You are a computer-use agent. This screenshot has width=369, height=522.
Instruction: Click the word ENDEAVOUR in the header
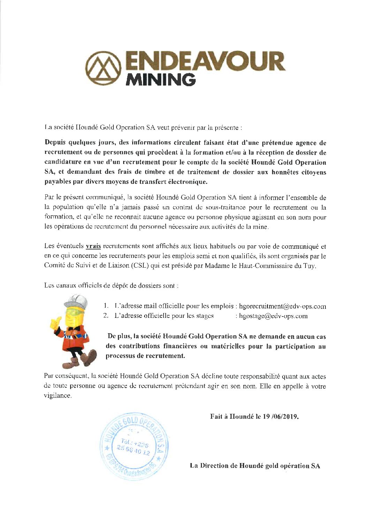tap(205, 62)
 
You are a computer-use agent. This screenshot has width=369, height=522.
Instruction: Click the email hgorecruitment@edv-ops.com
tap(283, 306)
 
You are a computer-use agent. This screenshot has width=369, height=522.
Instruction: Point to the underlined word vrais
tap(93, 246)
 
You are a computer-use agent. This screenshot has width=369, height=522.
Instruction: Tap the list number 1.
tap(106, 306)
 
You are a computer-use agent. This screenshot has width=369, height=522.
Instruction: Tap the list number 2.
tap(106, 316)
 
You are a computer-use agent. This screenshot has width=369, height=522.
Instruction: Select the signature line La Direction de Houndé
tap(255, 466)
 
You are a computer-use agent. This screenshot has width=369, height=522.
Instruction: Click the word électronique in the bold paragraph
tap(188, 182)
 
